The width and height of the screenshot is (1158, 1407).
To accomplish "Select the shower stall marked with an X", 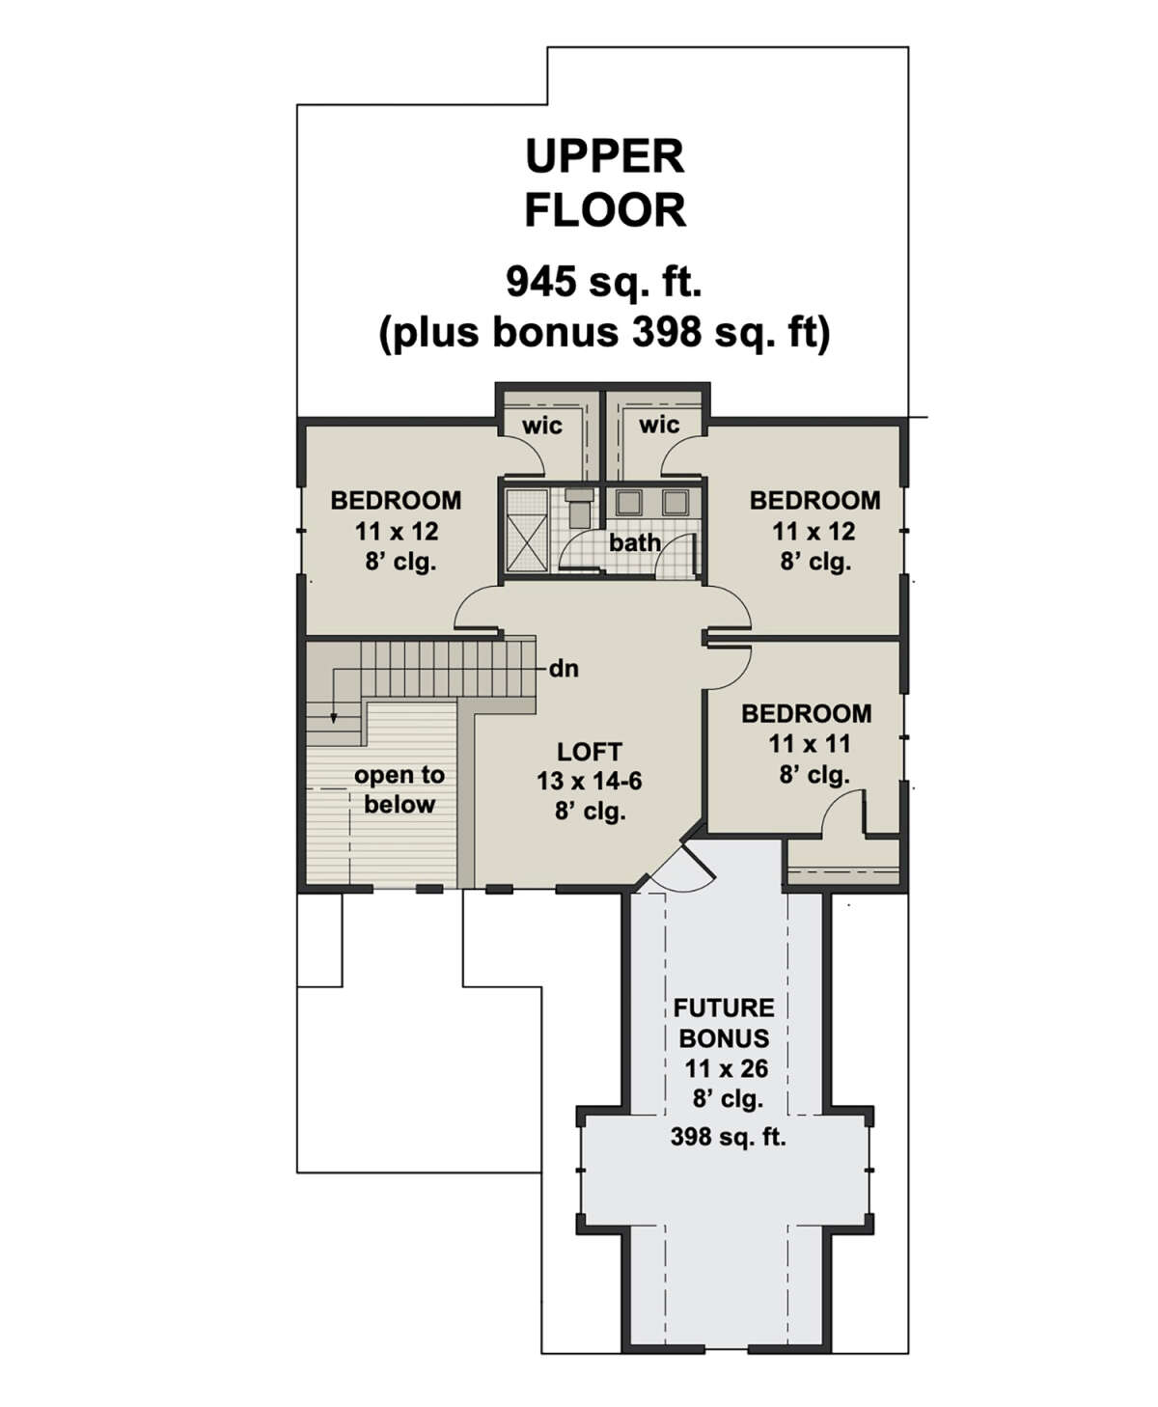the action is pyautogui.click(x=527, y=530).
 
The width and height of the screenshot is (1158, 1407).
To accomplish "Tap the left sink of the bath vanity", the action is pyautogui.click(x=628, y=502).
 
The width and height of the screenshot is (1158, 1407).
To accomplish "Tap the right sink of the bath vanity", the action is pyautogui.click(x=675, y=502).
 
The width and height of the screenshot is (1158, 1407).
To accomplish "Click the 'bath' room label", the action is pyautogui.click(x=634, y=542).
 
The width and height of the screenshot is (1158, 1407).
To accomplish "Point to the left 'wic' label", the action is pyautogui.click(x=542, y=426).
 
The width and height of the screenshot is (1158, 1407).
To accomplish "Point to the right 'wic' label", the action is pyautogui.click(x=659, y=425).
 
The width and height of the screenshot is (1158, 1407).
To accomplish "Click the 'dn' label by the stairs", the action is pyautogui.click(x=564, y=669).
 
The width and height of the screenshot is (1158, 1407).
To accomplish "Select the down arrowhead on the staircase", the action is pyautogui.click(x=334, y=719).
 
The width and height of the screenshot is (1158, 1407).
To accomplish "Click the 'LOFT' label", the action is pyautogui.click(x=590, y=752).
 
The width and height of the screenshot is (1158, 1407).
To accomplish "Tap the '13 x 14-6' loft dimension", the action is pyautogui.click(x=590, y=782).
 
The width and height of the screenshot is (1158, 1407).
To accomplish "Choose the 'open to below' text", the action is pyautogui.click(x=399, y=790).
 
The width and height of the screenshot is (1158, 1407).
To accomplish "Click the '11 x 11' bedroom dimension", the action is pyautogui.click(x=810, y=744).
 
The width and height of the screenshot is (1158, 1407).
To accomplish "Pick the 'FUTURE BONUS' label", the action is pyautogui.click(x=725, y=1023).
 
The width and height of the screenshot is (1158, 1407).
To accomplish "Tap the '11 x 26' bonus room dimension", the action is pyautogui.click(x=727, y=1069).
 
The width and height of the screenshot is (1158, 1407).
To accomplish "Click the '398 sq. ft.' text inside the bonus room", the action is pyautogui.click(x=728, y=1137).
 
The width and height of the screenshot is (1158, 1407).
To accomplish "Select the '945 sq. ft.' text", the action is pyautogui.click(x=604, y=283).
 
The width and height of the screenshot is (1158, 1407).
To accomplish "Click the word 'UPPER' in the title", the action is pyautogui.click(x=605, y=157).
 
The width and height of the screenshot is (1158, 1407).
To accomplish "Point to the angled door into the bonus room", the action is pyautogui.click(x=685, y=868).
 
